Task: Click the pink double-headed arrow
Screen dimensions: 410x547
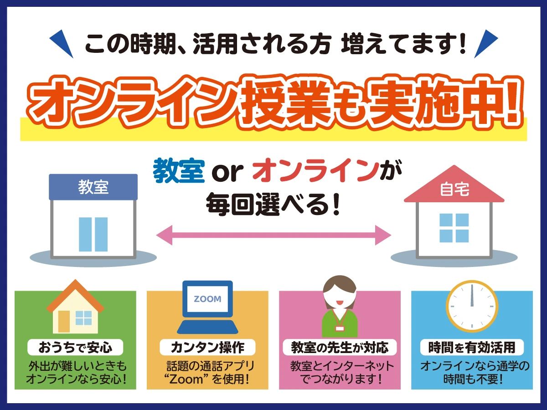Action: coord(273,235)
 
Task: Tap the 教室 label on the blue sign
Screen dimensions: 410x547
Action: coord(93,187)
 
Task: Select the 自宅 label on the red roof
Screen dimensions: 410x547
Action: coord(454,190)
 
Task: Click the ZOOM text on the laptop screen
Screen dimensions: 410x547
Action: coord(207,299)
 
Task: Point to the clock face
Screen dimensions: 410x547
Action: coord(472,306)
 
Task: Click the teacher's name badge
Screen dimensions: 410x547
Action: coord(340,328)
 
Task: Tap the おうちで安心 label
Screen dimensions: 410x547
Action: coord(75,348)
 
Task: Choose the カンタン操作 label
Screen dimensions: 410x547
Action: coord(207,348)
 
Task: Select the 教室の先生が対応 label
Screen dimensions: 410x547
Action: coord(340,348)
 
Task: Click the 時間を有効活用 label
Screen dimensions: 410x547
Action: coord(472,348)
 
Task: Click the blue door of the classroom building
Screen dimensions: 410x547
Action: coord(93,234)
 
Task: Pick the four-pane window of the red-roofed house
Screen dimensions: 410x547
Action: coord(454,228)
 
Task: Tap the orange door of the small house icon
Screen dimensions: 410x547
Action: coord(63,321)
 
